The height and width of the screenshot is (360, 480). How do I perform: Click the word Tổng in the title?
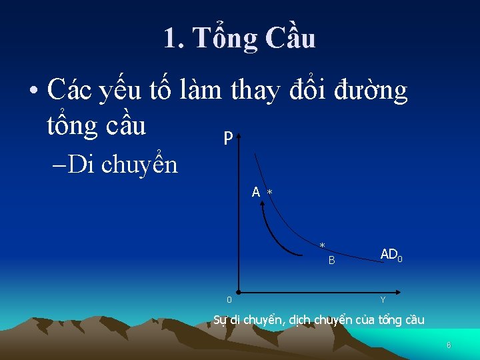223,39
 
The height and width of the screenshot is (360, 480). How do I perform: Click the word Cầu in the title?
290,39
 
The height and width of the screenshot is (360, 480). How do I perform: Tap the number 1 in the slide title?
171,39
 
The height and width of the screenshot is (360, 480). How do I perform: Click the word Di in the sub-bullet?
81,164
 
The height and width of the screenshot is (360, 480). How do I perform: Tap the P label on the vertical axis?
228,139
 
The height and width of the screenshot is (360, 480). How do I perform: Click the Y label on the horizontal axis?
383,301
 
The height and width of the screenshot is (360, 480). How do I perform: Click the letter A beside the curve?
256,193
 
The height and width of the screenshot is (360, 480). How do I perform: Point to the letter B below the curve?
331,261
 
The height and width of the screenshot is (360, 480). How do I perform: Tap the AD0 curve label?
391,254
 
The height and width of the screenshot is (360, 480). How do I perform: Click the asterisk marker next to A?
270,193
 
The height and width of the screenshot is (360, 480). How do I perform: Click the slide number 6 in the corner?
449,345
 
